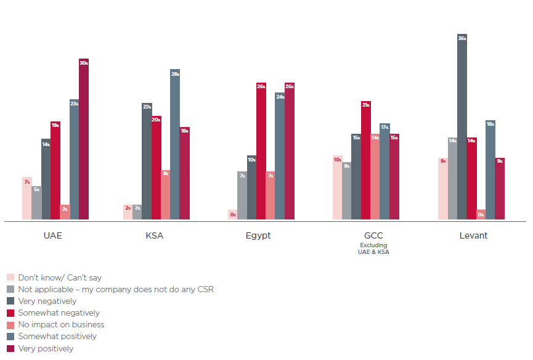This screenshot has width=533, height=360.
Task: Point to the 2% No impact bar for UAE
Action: point(65,212)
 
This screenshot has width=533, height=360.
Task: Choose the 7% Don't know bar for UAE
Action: point(27,198)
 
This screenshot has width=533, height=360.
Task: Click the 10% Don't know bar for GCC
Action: point(337,187)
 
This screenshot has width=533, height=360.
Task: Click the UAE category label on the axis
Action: point(53,235)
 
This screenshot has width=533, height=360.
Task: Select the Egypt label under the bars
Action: point(258,235)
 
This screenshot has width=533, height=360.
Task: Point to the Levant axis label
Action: point(473,235)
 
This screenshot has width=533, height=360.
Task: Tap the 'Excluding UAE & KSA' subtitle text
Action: point(373,248)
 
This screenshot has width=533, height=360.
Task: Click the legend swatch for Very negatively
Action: point(10,301)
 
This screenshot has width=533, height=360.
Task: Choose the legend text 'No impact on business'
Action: point(61,325)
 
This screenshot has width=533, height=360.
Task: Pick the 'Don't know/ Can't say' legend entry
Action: point(60,278)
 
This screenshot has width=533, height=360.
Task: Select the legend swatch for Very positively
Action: point(10,348)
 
